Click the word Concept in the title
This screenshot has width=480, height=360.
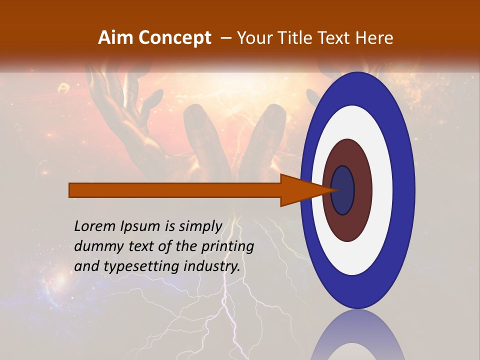point(174,38)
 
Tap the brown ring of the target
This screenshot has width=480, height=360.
point(362,190)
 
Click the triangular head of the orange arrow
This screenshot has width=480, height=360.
point(300,190)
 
